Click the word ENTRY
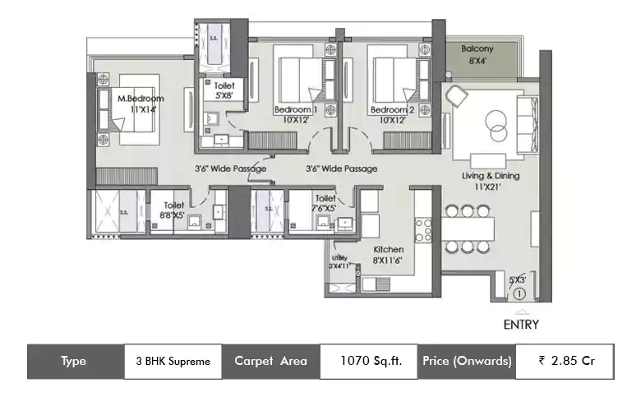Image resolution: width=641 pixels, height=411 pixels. pyautogui.click(x=520, y=325)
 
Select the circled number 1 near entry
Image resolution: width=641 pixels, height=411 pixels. pyautogui.click(x=519, y=292)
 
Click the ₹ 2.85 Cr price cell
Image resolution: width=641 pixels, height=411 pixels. pyautogui.click(x=566, y=361)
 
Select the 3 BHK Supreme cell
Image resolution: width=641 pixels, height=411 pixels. pyautogui.click(x=173, y=361)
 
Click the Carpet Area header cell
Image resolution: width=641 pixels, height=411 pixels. pyautogui.click(x=270, y=361)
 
